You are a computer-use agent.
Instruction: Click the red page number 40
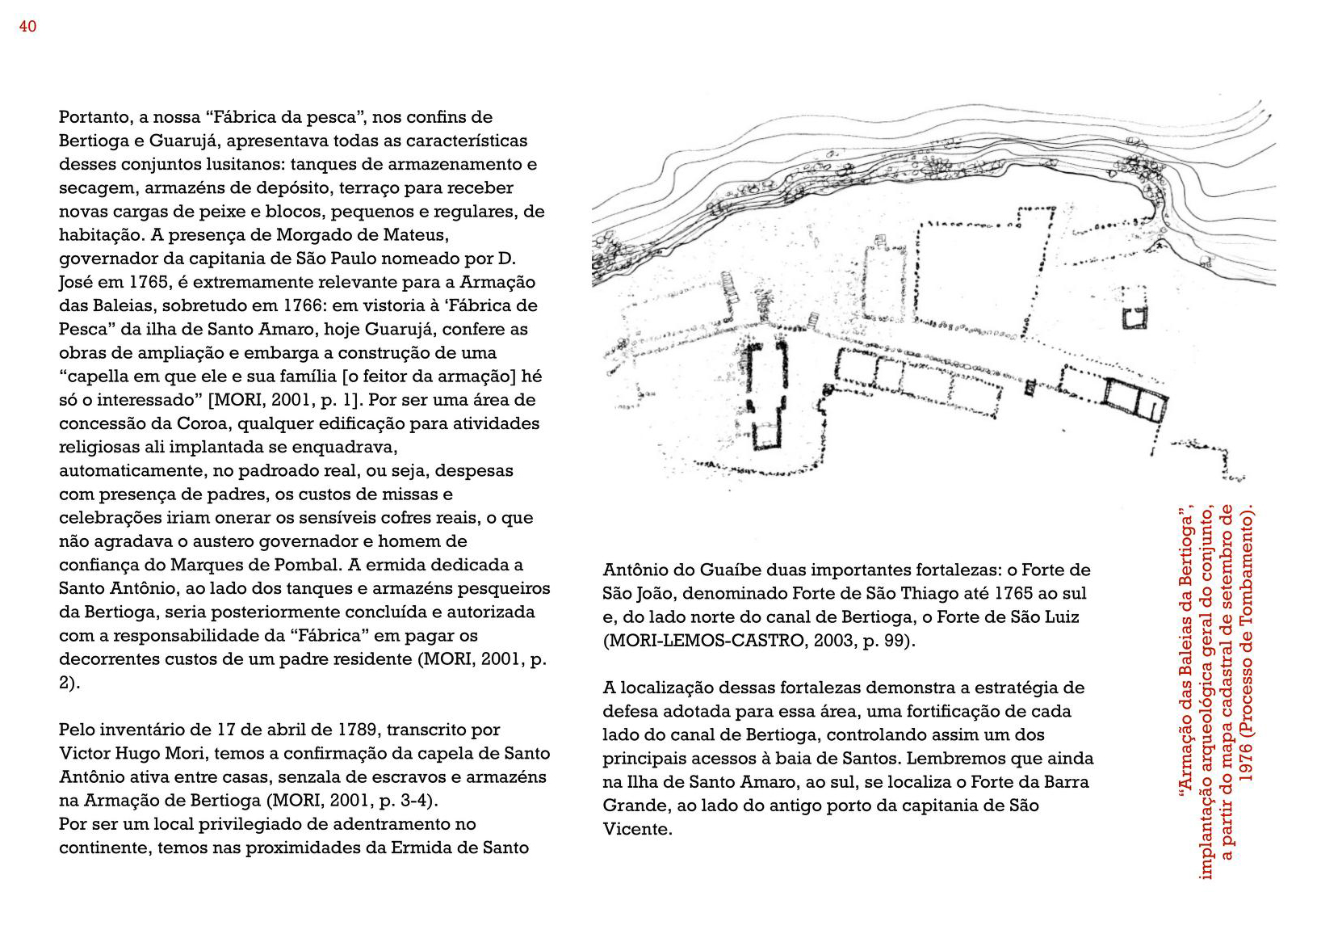27,27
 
